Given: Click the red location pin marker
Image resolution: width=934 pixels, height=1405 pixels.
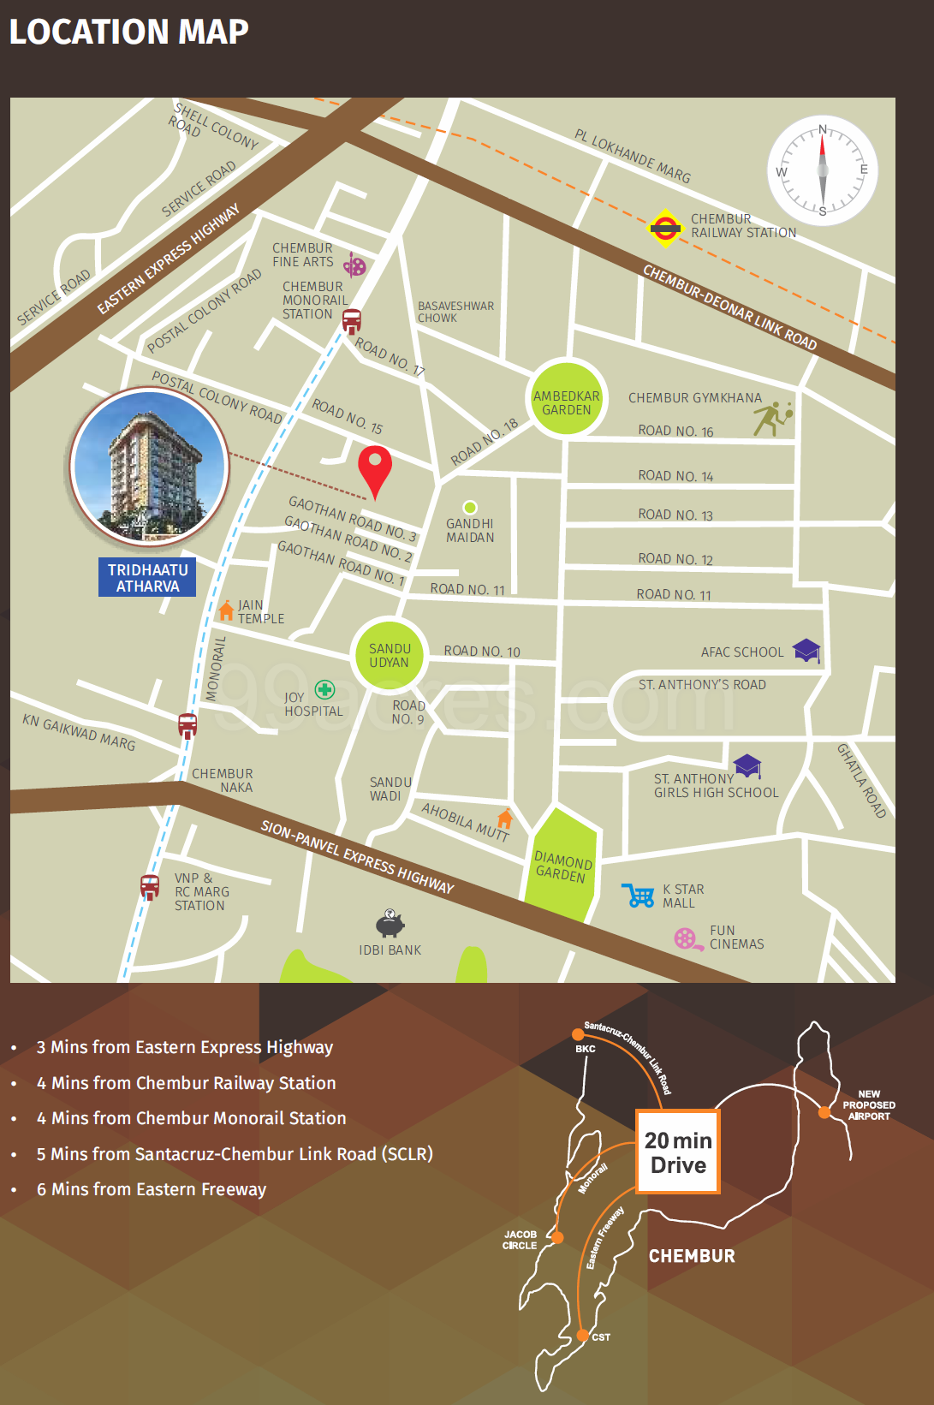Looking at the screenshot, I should (374, 468).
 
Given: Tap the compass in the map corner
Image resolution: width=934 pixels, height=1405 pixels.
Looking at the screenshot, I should (822, 170).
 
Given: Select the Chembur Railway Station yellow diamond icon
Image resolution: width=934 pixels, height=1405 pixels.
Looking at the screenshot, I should (664, 228).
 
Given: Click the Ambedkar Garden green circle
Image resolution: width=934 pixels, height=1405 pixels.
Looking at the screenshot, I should (566, 399).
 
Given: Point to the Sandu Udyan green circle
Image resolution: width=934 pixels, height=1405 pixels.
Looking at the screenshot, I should (390, 655).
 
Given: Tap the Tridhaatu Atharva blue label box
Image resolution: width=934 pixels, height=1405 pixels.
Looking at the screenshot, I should (147, 578).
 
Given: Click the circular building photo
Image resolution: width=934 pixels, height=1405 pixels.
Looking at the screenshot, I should (150, 467).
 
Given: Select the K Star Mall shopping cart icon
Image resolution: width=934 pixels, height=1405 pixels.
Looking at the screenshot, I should (639, 896).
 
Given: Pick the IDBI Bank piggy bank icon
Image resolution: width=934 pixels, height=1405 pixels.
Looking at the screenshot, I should (390, 924).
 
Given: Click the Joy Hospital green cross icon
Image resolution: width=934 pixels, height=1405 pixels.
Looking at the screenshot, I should (324, 689).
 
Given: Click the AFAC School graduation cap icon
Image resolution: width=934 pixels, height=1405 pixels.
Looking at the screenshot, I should (806, 650).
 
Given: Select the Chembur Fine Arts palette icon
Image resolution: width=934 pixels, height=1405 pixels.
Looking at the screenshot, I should (354, 265).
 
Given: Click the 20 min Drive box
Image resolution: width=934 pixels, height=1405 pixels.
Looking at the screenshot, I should (678, 1152).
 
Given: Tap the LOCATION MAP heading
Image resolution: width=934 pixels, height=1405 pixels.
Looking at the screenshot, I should (128, 32).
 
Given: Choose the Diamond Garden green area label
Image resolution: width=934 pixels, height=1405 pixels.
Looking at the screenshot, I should (562, 866).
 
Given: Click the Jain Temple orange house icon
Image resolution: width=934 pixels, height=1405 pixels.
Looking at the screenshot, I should (226, 610).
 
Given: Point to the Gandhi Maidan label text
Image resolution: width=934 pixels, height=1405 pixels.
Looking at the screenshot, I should (469, 530).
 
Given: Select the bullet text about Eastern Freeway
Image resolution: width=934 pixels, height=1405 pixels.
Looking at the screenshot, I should (152, 1189).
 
